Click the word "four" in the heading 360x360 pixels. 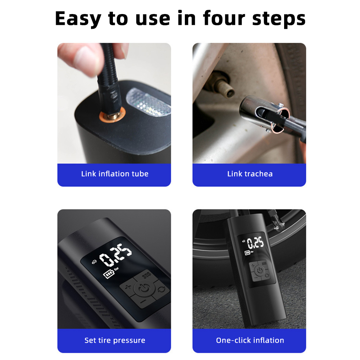pyautogui.click(x=224, y=18)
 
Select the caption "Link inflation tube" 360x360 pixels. pyautogui.click(x=115, y=174)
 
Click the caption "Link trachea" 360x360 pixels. pyautogui.click(x=250, y=174)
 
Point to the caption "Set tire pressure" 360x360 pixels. pyautogui.click(x=115, y=340)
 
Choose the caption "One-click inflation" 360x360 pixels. pyautogui.click(x=250, y=340)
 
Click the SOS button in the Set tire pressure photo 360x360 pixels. pyautogui.click(x=146, y=275)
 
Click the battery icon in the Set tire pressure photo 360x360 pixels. pyautogui.click(x=109, y=273)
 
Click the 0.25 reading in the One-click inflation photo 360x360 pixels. pyautogui.click(x=255, y=243)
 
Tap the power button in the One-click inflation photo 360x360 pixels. pyautogui.click(x=260, y=270)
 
